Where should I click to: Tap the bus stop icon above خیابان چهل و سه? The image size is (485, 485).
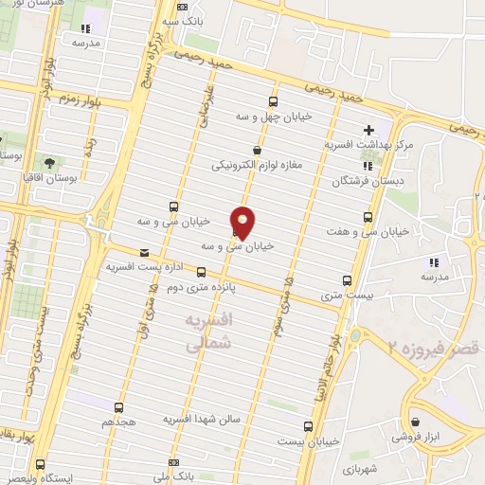(x=273, y=102)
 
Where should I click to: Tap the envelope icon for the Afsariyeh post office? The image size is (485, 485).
(x=144, y=253)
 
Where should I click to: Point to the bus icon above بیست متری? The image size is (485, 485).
(x=347, y=280)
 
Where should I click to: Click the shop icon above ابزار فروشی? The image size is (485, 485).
(x=416, y=423)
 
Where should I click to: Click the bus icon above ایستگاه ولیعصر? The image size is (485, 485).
(x=39, y=464)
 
